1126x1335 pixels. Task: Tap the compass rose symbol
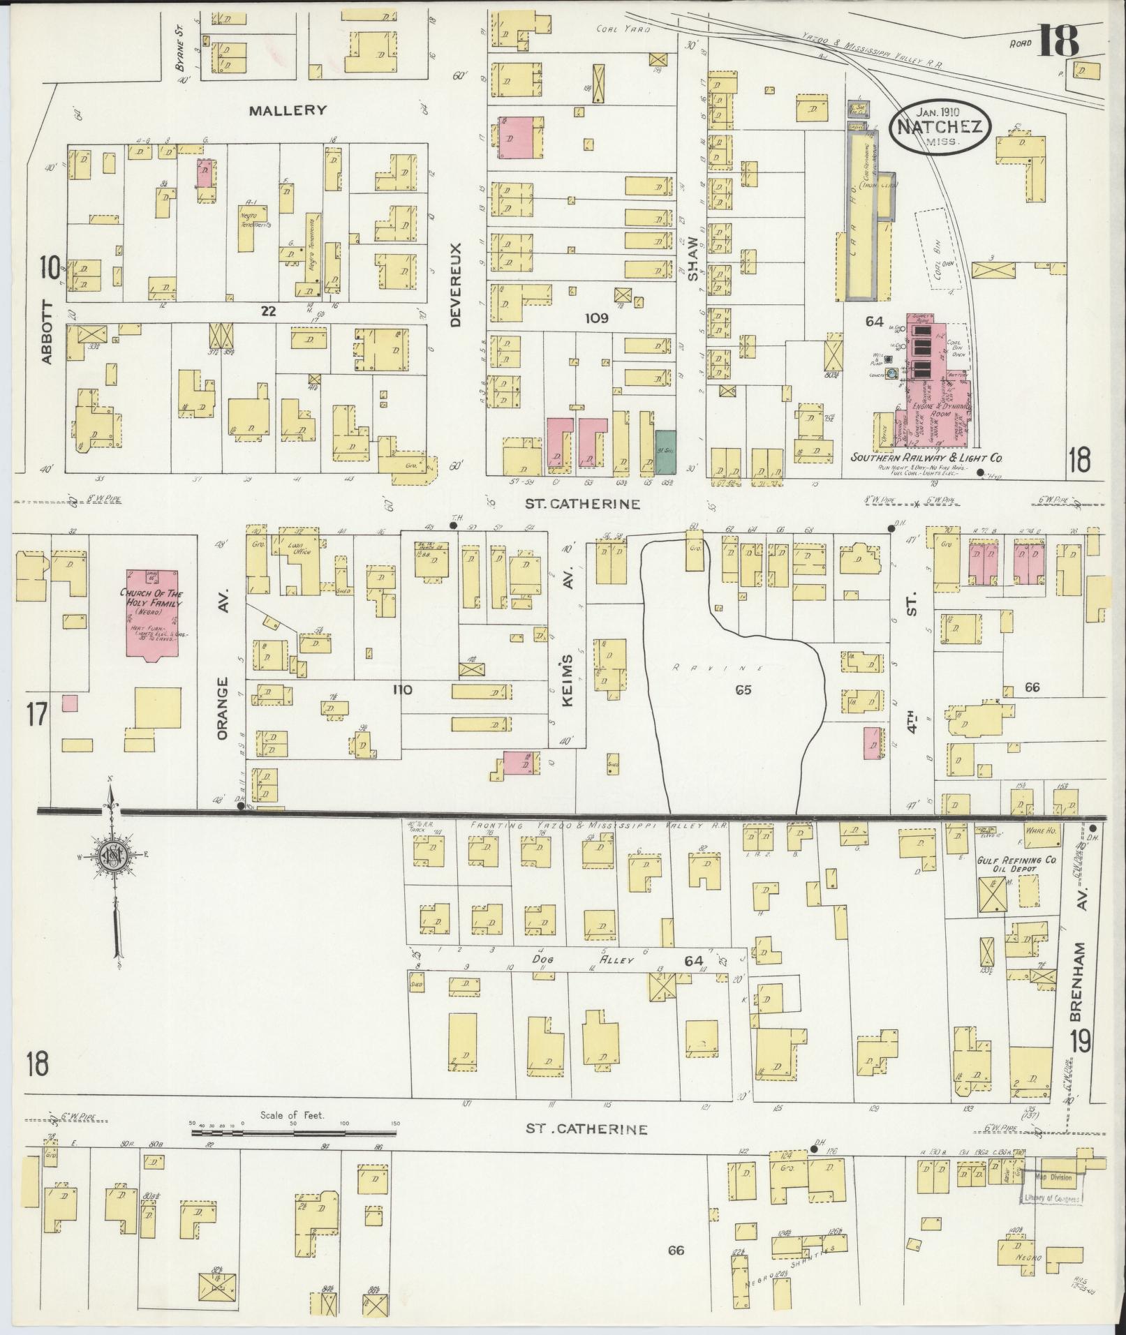pyautogui.click(x=111, y=856)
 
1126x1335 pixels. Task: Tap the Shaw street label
pyautogui.click(x=692, y=258)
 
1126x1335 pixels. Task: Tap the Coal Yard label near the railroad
pyautogui.click(x=623, y=29)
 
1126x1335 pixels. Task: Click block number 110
pyautogui.click(x=402, y=689)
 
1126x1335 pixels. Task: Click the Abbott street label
pyautogui.click(x=46, y=331)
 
